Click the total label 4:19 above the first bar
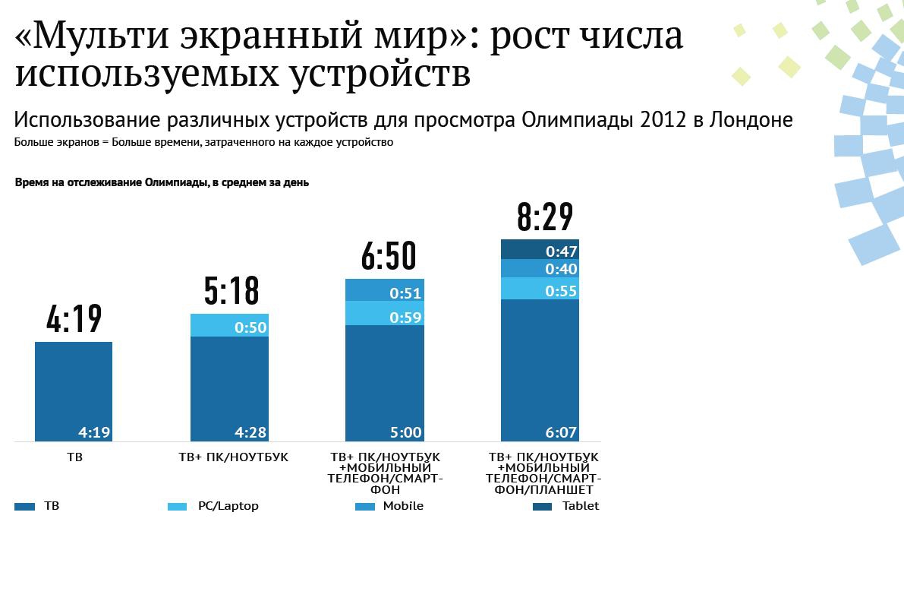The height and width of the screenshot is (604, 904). pyautogui.click(x=74, y=319)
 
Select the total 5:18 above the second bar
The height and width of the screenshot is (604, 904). pyautogui.click(x=232, y=290)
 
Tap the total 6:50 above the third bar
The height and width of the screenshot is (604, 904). pyautogui.click(x=388, y=256)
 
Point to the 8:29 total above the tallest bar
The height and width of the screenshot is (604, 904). pyautogui.click(x=544, y=217)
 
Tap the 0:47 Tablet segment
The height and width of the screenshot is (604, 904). pyautogui.click(x=540, y=249)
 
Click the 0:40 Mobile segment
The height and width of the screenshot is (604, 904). pyautogui.click(x=540, y=268)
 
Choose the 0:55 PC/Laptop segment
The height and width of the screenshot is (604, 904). pyautogui.click(x=540, y=289)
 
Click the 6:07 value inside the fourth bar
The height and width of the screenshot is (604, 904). pyautogui.click(x=561, y=432)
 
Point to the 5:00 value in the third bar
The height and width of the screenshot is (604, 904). pyautogui.click(x=405, y=432)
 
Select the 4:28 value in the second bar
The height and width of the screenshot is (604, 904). pyautogui.click(x=250, y=432)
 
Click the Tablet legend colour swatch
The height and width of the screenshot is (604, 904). pyautogui.click(x=542, y=506)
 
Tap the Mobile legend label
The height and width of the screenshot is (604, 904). pyautogui.click(x=403, y=506)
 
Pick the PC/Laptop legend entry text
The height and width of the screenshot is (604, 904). pyautogui.click(x=228, y=506)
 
